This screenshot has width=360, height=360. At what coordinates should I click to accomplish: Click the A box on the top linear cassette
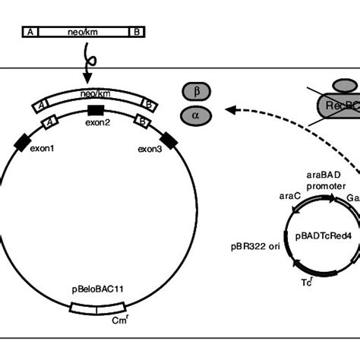coord(31,32)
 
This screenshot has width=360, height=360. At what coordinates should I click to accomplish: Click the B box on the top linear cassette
coord(137,32)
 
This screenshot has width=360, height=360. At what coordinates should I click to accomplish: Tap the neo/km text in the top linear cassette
coord(84,32)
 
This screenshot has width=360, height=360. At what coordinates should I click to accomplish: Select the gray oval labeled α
coord(197,115)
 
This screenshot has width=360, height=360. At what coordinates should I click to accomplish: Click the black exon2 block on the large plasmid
coord(96,112)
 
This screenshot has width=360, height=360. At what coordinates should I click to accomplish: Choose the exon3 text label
coord(150,149)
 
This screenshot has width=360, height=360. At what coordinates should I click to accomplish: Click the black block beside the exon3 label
coord(168,139)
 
